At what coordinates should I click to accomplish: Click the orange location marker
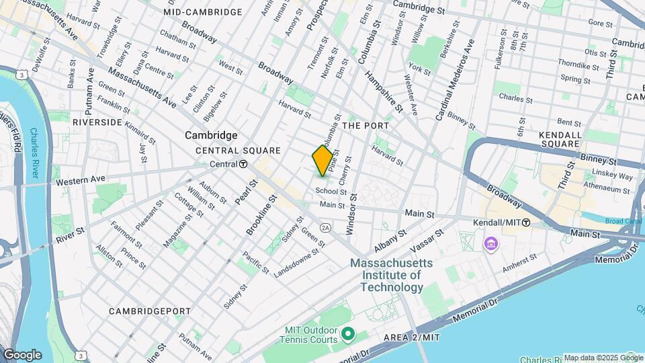coord(322,161)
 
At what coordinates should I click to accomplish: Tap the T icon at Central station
coord(243,164)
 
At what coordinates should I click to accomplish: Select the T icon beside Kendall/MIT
coord(526,222)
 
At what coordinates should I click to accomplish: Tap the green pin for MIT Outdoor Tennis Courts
coord(347,333)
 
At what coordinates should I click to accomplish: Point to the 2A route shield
coord(326,227)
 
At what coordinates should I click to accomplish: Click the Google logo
coord(22,355)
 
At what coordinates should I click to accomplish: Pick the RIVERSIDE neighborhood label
coord(97,122)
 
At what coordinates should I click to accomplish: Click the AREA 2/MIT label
coord(411,337)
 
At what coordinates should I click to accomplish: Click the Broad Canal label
coord(623,220)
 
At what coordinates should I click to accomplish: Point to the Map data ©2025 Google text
coord(594,358)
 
